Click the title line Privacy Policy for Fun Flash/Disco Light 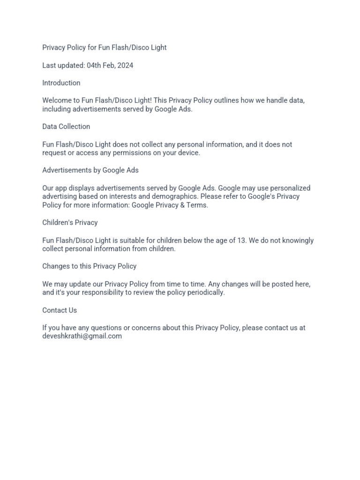click(x=104, y=47)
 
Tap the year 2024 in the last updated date click(x=125, y=65)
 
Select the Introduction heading click(x=61, y=83)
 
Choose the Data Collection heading click(x=66, y=127)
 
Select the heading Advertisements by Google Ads click(x=90, y=170)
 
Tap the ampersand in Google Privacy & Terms click(x=182, y=205)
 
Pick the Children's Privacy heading click(x=70, y=223)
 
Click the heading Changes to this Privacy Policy click(x=89, y=266)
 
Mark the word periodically click(x=206, y=292)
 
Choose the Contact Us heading click(x=60, y=310)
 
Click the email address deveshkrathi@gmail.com click(x=82, y=336)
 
